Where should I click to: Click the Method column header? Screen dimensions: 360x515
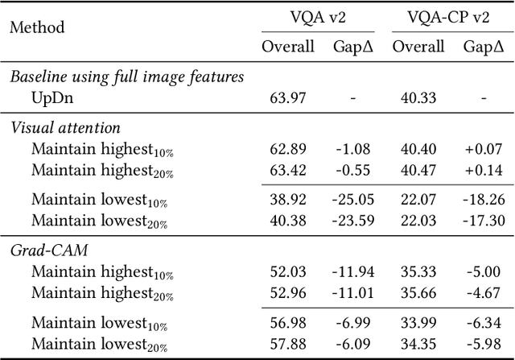[x=37, y=27]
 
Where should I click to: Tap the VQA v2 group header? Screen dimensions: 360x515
[x=317, y=17]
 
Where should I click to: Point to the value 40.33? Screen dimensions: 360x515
[x=418, y=97]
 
